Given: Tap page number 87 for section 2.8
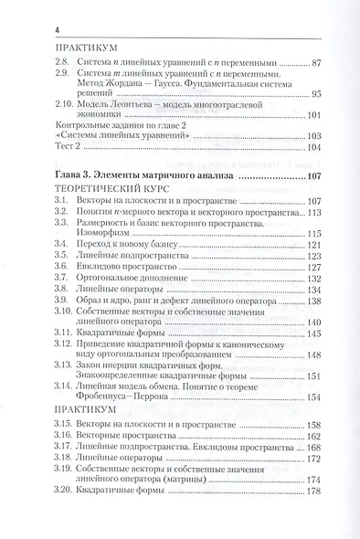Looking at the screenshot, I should point(319,63).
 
